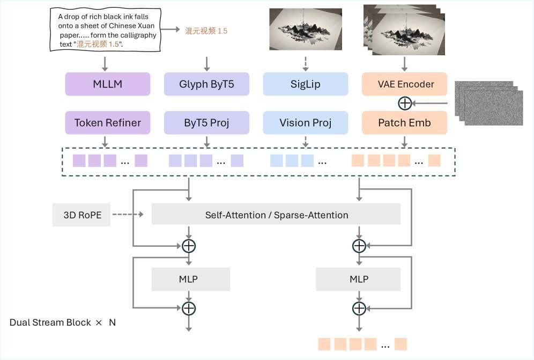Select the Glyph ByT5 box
click(x=206, y=84)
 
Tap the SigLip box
click(x=306, y=84)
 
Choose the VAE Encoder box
click(x=405, y=84)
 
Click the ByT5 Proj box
click(x=206, y=123)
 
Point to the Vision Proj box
click(x=306, y=123)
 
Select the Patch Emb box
click(x=405, y=123)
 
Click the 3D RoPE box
click(x=81, y=215)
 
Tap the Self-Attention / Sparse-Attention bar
click(x=277, y=215)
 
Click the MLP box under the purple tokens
click(x=191, y=280)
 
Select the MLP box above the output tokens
click(x=359, y=280)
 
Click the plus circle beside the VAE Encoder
click(x=405, y=103)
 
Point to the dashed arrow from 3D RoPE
click(x=128, y=215)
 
